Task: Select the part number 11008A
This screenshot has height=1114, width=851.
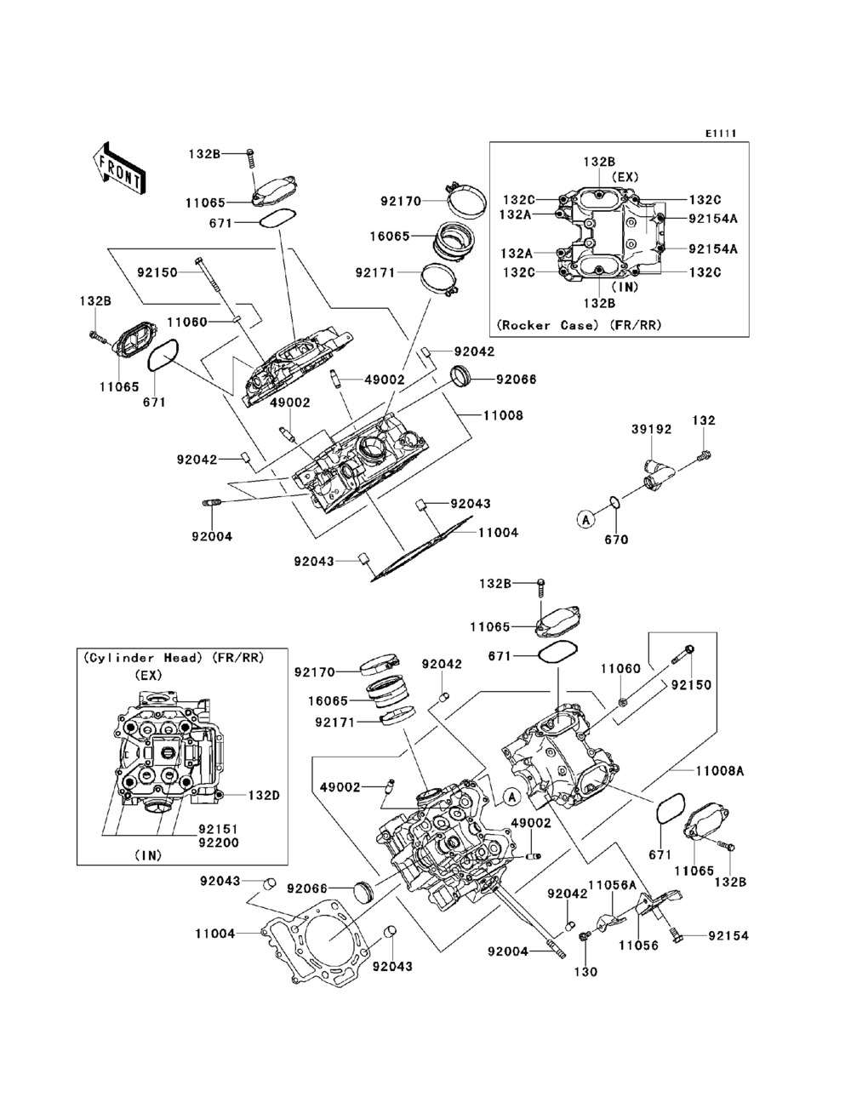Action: tap(743, 770)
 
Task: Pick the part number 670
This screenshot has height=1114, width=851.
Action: tap(616, 540)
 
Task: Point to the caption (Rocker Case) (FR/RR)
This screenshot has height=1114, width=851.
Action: tap(580, 324)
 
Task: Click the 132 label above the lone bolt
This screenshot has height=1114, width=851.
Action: tap(704, 420)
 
